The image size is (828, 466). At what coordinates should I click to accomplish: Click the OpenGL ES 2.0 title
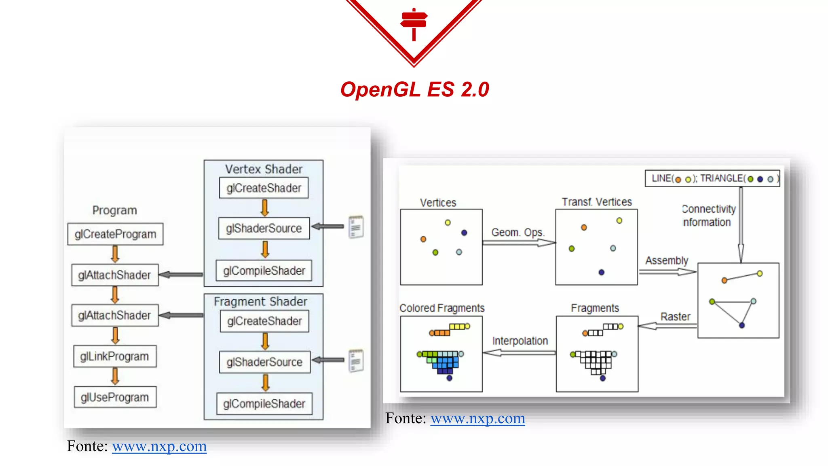point(414,89)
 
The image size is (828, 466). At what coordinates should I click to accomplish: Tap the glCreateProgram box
point(115,234)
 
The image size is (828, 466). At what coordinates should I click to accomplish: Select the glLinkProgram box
point(115,356)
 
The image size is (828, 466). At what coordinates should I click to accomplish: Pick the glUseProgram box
point(115,397)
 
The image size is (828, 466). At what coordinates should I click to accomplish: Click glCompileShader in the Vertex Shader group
point(264,271)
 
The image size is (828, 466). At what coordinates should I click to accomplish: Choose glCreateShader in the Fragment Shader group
point(264,321)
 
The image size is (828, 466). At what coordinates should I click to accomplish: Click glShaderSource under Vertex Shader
point(264,229)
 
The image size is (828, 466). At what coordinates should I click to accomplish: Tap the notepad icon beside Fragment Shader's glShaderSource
point(356,360)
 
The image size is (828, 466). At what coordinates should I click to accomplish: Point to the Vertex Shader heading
point(264,169)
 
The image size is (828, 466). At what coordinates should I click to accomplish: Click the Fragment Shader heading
point(260,302)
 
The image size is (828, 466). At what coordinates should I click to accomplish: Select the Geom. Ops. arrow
point(519,243)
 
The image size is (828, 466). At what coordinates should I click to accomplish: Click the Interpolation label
point(520,341)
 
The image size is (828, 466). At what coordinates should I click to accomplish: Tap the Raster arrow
point(667,325)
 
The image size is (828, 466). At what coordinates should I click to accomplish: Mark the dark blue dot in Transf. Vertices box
point(602,272)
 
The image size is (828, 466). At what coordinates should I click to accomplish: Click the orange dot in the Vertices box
point(423,239)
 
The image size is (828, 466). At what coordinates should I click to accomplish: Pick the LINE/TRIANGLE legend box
point(712,178)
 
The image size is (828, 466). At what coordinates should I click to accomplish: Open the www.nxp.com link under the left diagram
point(159,446)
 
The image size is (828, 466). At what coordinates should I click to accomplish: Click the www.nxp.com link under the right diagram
point(477,418)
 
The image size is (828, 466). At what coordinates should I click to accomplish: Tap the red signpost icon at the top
point(414,23)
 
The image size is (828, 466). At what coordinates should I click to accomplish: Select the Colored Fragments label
point(442,308)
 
